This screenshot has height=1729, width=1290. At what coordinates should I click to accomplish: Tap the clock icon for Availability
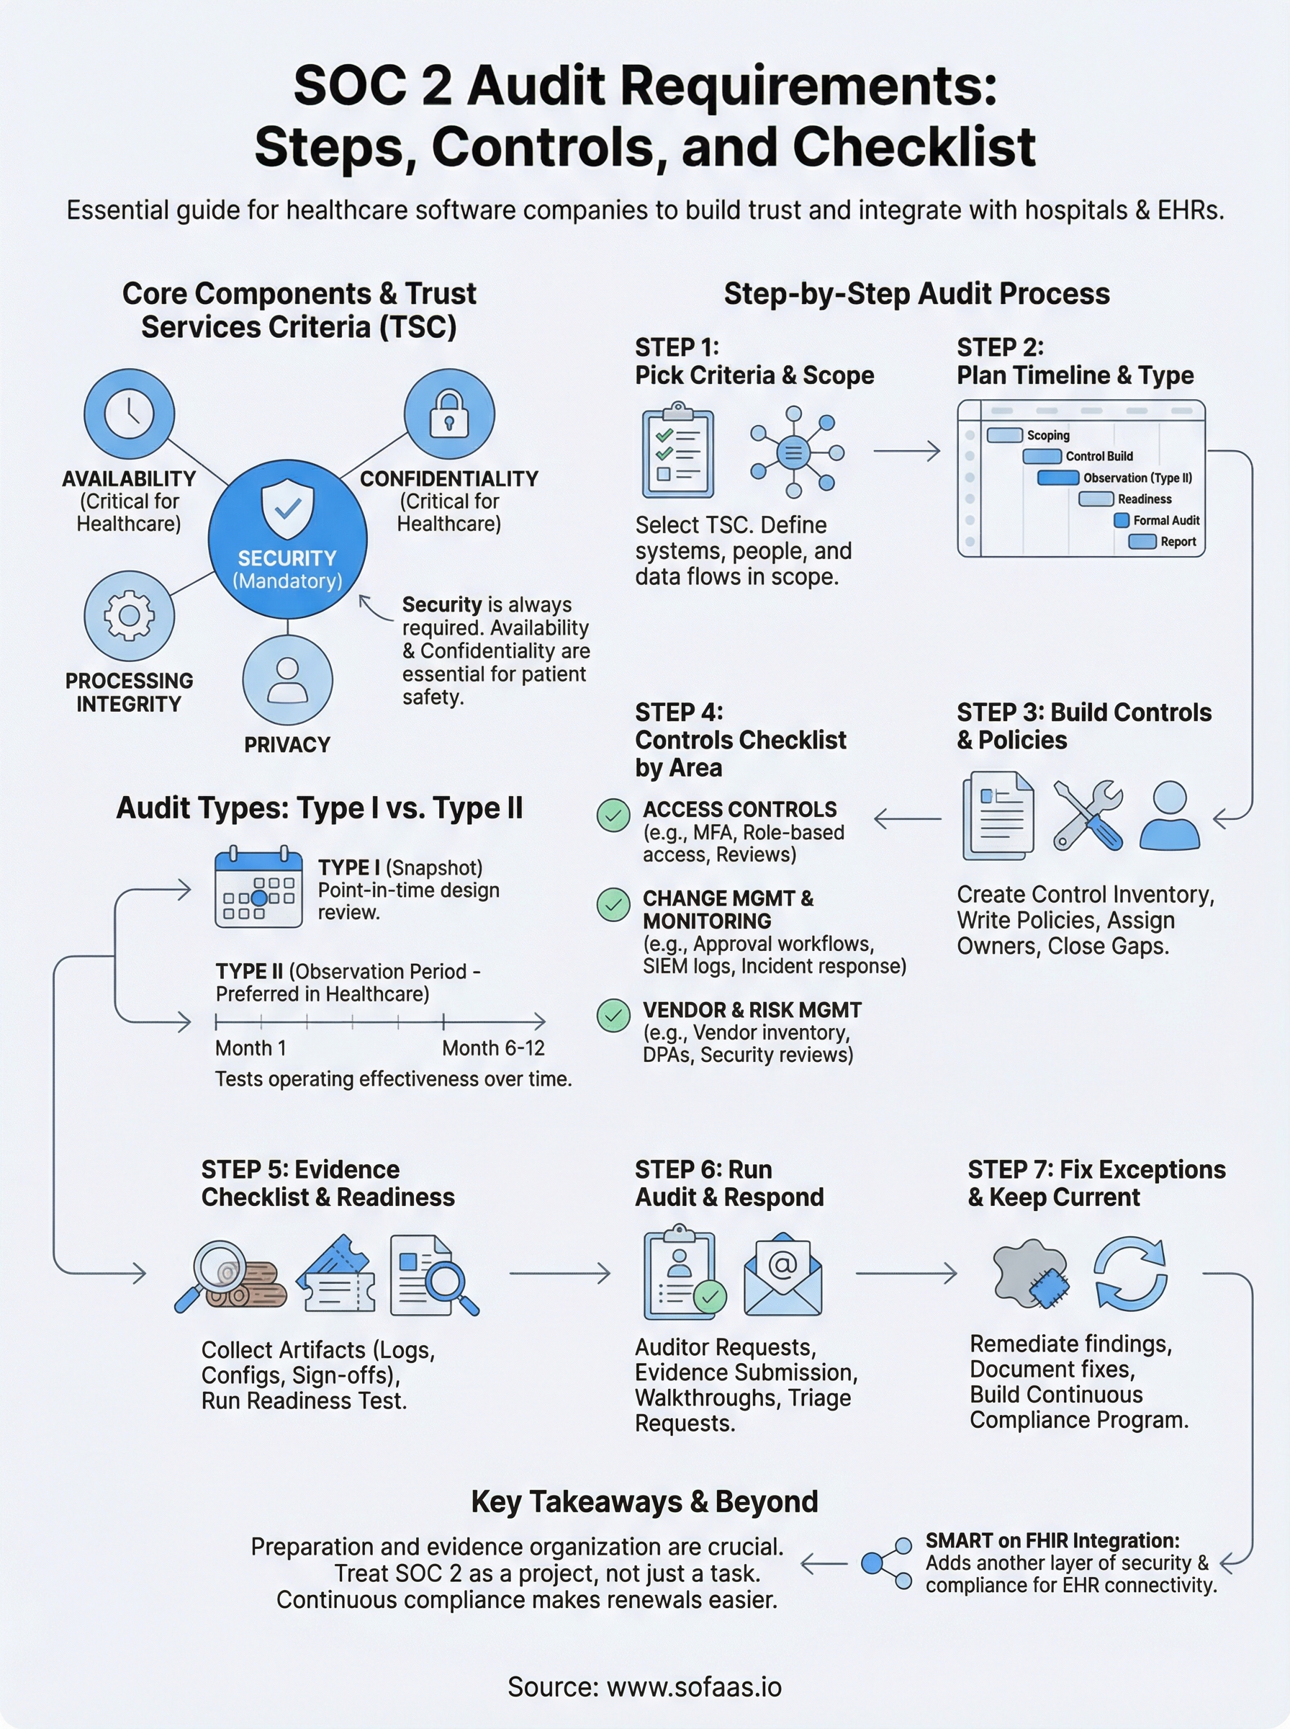129,413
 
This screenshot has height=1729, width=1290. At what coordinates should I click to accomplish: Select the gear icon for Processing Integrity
129,616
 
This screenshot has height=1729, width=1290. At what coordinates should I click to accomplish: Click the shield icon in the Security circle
287,509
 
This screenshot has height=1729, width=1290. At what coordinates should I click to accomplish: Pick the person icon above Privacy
287,680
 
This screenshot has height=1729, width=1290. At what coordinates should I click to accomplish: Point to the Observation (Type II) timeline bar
1058,478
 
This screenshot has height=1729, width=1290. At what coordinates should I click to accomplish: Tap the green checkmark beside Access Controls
613,815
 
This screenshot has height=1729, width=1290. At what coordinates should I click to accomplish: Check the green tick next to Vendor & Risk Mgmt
613,1016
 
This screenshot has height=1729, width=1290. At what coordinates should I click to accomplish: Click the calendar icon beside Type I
258,888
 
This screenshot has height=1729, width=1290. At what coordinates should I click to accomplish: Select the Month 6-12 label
492,1047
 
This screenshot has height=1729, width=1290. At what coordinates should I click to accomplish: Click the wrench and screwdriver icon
1088,815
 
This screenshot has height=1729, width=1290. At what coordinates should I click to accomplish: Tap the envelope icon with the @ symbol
782,1274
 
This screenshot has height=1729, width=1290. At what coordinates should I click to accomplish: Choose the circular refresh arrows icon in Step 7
1130,1274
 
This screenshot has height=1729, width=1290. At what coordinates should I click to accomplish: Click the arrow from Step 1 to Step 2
906,451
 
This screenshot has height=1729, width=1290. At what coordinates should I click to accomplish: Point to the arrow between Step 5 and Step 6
560,1273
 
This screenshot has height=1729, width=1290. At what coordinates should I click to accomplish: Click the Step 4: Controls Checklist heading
739,740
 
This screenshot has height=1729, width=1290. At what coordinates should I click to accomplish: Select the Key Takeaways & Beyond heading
644,1501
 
